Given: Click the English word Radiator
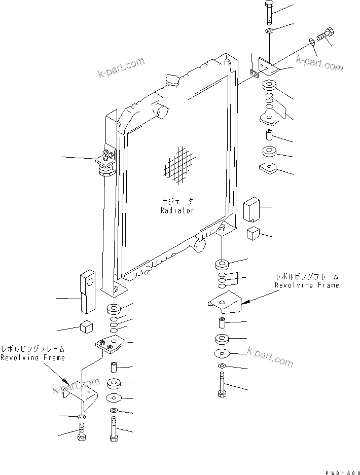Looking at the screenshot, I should point(177,210).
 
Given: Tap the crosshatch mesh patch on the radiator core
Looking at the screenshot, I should point(178,166).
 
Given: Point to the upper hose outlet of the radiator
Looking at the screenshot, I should point(162,111).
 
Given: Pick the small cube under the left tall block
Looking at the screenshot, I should point(86,327).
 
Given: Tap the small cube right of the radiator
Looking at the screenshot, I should point(254,234).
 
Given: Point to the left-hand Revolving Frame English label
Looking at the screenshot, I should point(32,358).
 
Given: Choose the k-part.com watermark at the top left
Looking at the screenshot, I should point(122,69).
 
